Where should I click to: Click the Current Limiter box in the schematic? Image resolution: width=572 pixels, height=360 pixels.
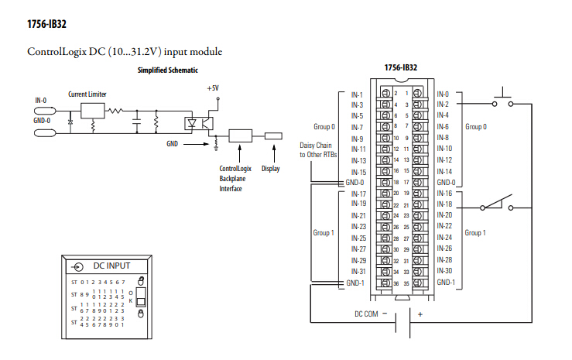(92, 111)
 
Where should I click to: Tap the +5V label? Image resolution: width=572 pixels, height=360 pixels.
(213, 88)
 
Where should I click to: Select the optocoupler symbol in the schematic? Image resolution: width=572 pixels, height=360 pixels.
(199, 124)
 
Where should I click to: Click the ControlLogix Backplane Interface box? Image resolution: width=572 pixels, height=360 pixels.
(240, 135)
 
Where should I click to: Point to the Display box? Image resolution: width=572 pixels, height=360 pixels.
(273, 136)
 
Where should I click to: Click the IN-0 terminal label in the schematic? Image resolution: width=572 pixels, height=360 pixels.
(41, 101)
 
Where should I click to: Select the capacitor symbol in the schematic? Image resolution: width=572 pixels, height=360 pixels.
(137, 122)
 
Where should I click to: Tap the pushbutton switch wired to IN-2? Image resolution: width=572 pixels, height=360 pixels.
(502, 98)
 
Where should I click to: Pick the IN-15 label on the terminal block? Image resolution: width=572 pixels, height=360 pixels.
(358, 172)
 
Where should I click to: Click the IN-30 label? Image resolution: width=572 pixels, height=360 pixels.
(444, 271)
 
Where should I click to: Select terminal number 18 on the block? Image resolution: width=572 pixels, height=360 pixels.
(396, 183)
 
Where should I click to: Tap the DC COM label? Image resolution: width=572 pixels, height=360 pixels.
(366, 314)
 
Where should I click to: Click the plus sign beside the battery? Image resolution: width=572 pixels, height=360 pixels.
(420, 314)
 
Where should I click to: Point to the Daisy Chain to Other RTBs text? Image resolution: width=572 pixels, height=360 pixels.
(318, 150)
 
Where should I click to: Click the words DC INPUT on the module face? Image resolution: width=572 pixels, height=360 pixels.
(111, 266)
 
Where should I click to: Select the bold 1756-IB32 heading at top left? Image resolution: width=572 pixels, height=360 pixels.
(46, 24)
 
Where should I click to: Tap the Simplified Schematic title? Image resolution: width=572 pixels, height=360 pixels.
(168, 70)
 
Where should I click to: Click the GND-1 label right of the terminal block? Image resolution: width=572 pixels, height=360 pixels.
(446, 283)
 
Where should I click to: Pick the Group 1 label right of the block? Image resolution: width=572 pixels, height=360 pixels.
(475, 233)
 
